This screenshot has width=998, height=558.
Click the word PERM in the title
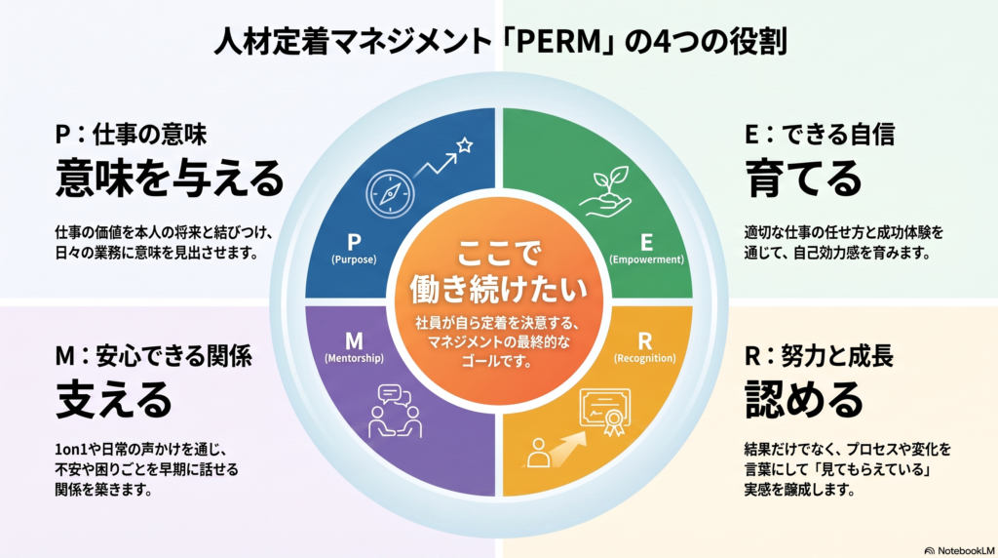point(558,41)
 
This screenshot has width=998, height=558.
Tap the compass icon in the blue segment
point(390,194)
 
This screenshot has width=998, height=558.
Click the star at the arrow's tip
point(465,145)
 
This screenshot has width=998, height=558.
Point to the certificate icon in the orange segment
point(605,412)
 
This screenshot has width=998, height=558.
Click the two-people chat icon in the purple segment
point(396,411)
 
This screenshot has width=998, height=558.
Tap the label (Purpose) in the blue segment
point(354,259)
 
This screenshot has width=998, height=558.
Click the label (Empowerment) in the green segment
point(647,259)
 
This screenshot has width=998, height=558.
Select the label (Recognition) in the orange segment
point(645,358)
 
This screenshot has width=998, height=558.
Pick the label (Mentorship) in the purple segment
point(354,358)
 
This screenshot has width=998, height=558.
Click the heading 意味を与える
point(170,178)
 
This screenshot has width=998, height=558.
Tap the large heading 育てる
point(803,179)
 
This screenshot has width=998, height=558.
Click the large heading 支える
point(114,399)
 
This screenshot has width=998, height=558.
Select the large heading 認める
point(804,399)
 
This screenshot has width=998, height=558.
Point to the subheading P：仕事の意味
point(131,135)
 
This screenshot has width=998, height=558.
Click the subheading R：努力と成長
point(819,356)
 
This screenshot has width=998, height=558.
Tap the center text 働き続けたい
point(498,290)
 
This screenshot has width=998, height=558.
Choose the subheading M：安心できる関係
point(153,356)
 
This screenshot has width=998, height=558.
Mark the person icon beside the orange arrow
point(538,453)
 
